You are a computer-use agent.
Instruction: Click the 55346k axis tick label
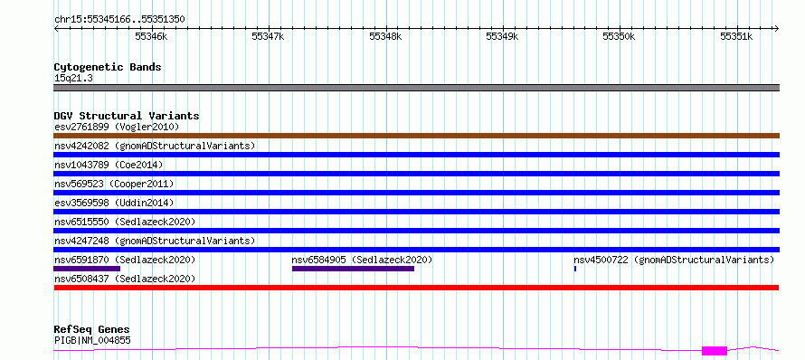pos(151,36)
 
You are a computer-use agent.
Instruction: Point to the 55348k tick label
pos(385,36)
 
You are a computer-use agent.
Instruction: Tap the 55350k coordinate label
pos(619,36)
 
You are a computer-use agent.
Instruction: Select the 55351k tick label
pos(735,36)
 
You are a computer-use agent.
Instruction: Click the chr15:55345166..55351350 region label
pos(119,20)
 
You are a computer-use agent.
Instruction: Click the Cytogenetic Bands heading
pos(108,67)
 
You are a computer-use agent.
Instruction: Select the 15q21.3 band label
pos(73,79)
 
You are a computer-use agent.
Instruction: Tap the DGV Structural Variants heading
pos(127,116)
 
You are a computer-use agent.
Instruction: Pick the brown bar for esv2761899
pos(416,136)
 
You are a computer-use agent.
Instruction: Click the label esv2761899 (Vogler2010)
pos(117,127)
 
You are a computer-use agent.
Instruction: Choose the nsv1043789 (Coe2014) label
pos(109,165)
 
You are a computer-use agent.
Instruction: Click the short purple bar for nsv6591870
pos(87,269)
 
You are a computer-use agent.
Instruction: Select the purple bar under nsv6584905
pos(354,269)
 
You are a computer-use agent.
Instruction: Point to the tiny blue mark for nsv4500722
pos(575,269)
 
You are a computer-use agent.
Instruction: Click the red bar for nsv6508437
pos(416,288)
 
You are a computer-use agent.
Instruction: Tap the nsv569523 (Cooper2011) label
pos(114,184)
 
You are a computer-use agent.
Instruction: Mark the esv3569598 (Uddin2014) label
pos(114,203)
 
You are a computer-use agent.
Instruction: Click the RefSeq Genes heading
pos(92,330)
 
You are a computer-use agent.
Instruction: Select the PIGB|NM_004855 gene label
pos(92,340)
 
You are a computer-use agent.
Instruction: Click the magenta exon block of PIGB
pos(715,351)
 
